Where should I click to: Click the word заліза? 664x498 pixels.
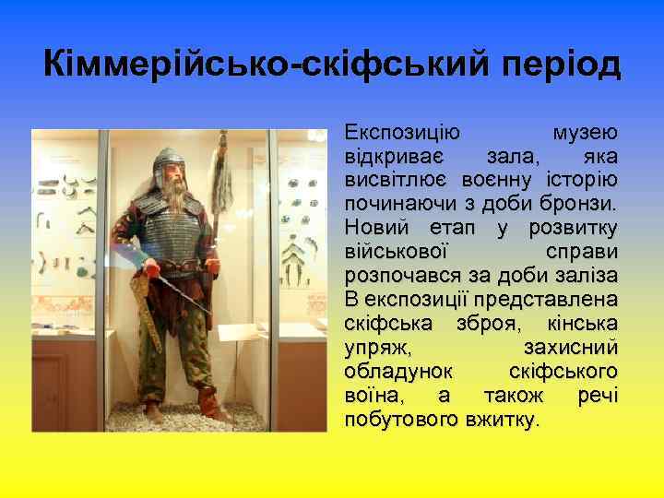(x=585, y=275)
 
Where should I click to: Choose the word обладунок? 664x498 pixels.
(x=398, y=372)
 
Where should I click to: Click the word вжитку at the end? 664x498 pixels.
(x=503, y=420)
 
